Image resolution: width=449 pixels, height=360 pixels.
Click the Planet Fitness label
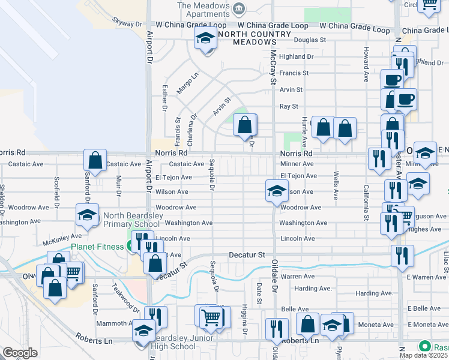coord(97,246)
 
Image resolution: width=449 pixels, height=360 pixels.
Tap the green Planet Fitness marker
coord(129,245)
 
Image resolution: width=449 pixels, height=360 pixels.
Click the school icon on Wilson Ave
coord(276,191)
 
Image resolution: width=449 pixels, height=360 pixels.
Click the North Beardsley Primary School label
coord(131,220)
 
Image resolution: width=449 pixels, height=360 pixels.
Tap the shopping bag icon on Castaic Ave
coord(95,160)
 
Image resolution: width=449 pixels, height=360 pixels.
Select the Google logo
coord(20,353)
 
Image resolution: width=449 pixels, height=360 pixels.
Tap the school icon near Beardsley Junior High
coord(143,330)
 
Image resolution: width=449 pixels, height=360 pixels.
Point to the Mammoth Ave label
coord(115,323)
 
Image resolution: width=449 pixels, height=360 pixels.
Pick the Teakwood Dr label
coord(126,299)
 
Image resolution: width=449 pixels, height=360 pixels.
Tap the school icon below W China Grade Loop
coord(205,39)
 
